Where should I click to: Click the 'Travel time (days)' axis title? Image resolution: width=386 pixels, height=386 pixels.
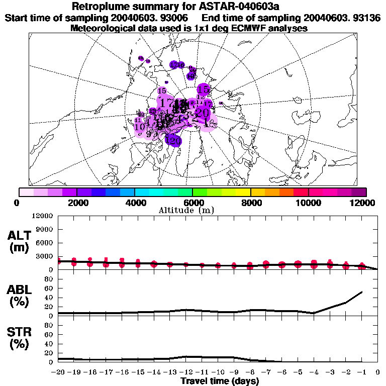pyautogui.click(x=220, y=381)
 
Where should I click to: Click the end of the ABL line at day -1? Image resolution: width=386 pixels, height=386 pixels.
pyautogui.click(x=362, y=292)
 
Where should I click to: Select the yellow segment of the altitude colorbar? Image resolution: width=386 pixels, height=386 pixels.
pyautogui.click(x=243, y=192)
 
